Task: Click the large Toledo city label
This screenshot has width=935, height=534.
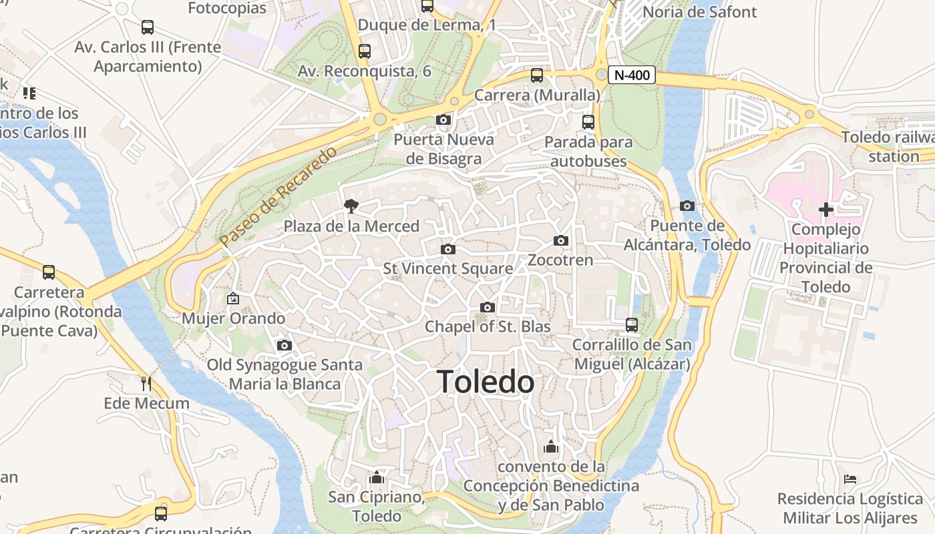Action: pos(486,382)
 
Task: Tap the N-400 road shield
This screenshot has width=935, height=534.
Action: pos(631,75)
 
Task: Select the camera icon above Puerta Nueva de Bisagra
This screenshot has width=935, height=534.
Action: pos(443,120)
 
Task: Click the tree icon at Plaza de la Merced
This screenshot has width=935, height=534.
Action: pos(351,206)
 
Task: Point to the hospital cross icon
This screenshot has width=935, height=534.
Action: pos(826,210)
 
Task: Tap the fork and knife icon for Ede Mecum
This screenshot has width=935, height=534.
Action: pos(147,383)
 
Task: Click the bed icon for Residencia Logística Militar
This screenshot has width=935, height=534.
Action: pos(850,479)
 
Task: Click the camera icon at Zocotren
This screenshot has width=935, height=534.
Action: pos(560,240)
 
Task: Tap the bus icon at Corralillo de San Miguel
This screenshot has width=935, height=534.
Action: pos(631,325)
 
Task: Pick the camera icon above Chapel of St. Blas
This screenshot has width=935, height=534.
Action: pos(488,307)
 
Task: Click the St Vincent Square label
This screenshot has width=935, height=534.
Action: pos(447,268)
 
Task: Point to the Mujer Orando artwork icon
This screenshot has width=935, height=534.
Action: pos(232,298)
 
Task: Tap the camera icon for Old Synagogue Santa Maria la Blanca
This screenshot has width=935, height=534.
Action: pos(284,345)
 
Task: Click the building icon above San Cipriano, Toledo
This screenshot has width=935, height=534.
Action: pos(377,478)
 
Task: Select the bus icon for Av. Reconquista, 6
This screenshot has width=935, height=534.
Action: pos(364,51)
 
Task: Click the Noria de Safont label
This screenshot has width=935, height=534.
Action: pos(699,12)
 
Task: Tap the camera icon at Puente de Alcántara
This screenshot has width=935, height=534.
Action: pos(687,206)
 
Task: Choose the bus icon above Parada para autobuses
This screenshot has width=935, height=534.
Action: pos(588,122)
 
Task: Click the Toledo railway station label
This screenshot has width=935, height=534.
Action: pos(888,147)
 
